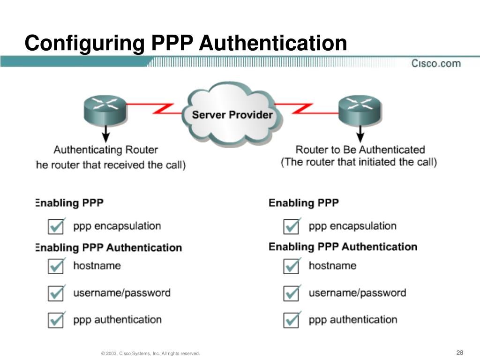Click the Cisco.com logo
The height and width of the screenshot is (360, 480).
436,63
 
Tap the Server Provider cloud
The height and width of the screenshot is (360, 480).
232,114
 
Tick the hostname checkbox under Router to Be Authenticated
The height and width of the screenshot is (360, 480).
292,266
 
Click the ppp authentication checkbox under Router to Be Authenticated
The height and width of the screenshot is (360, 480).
292,320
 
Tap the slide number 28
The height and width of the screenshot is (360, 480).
459,353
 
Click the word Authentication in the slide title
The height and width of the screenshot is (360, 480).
274,44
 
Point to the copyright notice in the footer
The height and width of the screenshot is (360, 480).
150,353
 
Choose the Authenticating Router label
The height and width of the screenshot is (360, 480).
106,150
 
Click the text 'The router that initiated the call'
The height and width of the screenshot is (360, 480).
359,162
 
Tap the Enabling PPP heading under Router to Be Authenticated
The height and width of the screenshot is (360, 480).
303,203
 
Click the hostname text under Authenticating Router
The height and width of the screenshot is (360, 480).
97,266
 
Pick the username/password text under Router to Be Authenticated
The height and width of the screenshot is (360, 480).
357,293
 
